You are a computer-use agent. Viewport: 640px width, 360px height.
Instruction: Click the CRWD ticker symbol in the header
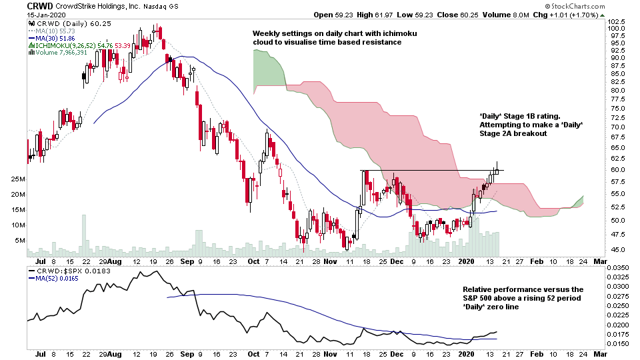coord(39,6)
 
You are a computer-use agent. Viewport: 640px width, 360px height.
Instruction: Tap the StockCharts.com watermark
coord(575,6)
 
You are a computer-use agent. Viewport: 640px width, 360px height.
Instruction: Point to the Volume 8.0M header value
coord(506,15)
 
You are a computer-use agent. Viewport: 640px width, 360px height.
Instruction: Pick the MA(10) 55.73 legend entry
coord(52,31)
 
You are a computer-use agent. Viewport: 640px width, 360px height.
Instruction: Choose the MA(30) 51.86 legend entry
coord(52,39)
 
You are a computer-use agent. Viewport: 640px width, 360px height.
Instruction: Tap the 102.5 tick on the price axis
coord(616,21)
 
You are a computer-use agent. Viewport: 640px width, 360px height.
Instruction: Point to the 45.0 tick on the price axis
coord(616,249)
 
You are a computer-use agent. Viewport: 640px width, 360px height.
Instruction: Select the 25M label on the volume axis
coord(19,179)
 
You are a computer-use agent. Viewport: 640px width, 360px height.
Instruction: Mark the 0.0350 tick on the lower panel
coord(618,268)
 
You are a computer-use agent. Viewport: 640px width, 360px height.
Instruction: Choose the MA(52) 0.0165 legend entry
coord(53,279)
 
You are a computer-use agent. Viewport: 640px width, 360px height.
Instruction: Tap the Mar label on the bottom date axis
coord(600,353)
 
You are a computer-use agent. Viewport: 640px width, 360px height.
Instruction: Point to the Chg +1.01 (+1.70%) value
coord(565,15)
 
